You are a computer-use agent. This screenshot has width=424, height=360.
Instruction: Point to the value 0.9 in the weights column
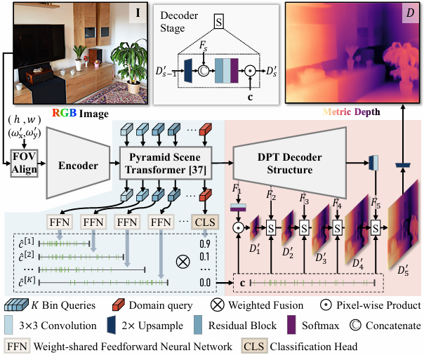[x=205, y=244]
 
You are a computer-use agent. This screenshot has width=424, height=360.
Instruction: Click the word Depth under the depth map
[x=376, y=112]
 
